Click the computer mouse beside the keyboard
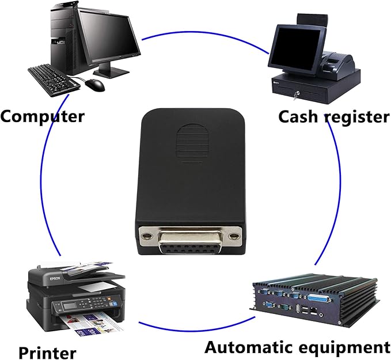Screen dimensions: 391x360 (x=95, y=85)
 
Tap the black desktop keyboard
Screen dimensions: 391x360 (x=54, y=81)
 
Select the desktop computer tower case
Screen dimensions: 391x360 (x=64, y=37)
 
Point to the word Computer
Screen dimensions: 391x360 (x=43, y=116)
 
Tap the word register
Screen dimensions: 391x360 (x=357, y=118)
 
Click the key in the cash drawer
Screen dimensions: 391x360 (x=297, y=95)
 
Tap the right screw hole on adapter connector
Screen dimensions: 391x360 (x=234, y=236)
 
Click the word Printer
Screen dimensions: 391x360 (x=47, y=353)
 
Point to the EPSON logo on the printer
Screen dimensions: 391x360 (x=55, y=279)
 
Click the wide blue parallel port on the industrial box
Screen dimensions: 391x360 (x=320, y=298)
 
